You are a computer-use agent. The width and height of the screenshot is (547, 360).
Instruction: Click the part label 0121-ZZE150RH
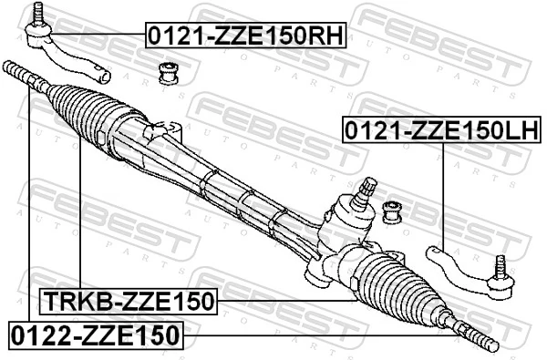click(x=246, y=36)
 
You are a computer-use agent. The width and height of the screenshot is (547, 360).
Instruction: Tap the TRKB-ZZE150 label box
click(x=128, y=300)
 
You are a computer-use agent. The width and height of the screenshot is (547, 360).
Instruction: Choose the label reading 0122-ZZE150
click(x=95, y=334)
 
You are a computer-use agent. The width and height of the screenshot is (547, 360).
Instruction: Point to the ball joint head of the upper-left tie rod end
click(x=38, y=36)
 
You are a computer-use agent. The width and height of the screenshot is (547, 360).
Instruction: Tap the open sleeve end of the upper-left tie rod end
click(x=106, y=75)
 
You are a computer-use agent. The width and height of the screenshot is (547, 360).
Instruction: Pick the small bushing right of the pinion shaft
click(x=393, y=211)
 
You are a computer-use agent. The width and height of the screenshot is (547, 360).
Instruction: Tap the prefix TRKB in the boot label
click(x=70, y=300)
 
